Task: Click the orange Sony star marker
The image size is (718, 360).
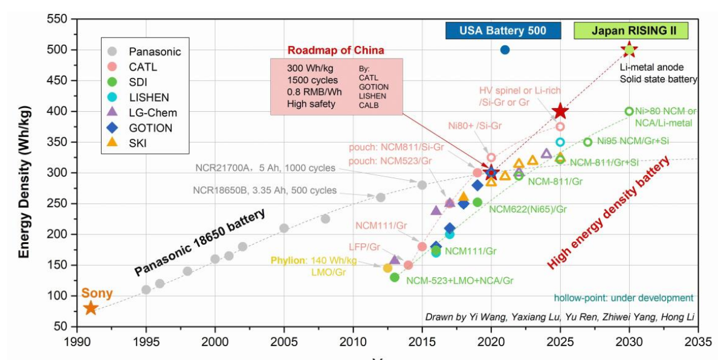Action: coord(91,308)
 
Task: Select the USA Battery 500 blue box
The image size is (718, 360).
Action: coord(503,31)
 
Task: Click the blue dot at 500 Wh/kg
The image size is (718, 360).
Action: coord(505,50)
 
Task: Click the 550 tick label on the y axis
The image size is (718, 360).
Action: coord(58,19)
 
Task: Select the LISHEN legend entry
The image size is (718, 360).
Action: coord(150,97)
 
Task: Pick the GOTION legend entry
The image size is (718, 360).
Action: coord(151,127)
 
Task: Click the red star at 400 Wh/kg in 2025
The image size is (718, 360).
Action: coord(560,111)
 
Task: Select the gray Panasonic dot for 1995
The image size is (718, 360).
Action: coord(146,289)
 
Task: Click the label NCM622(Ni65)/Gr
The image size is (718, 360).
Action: coord(528,209)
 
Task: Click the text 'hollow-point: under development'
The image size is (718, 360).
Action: coord(623,298)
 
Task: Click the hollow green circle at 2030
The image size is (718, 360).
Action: coord(629,111)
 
